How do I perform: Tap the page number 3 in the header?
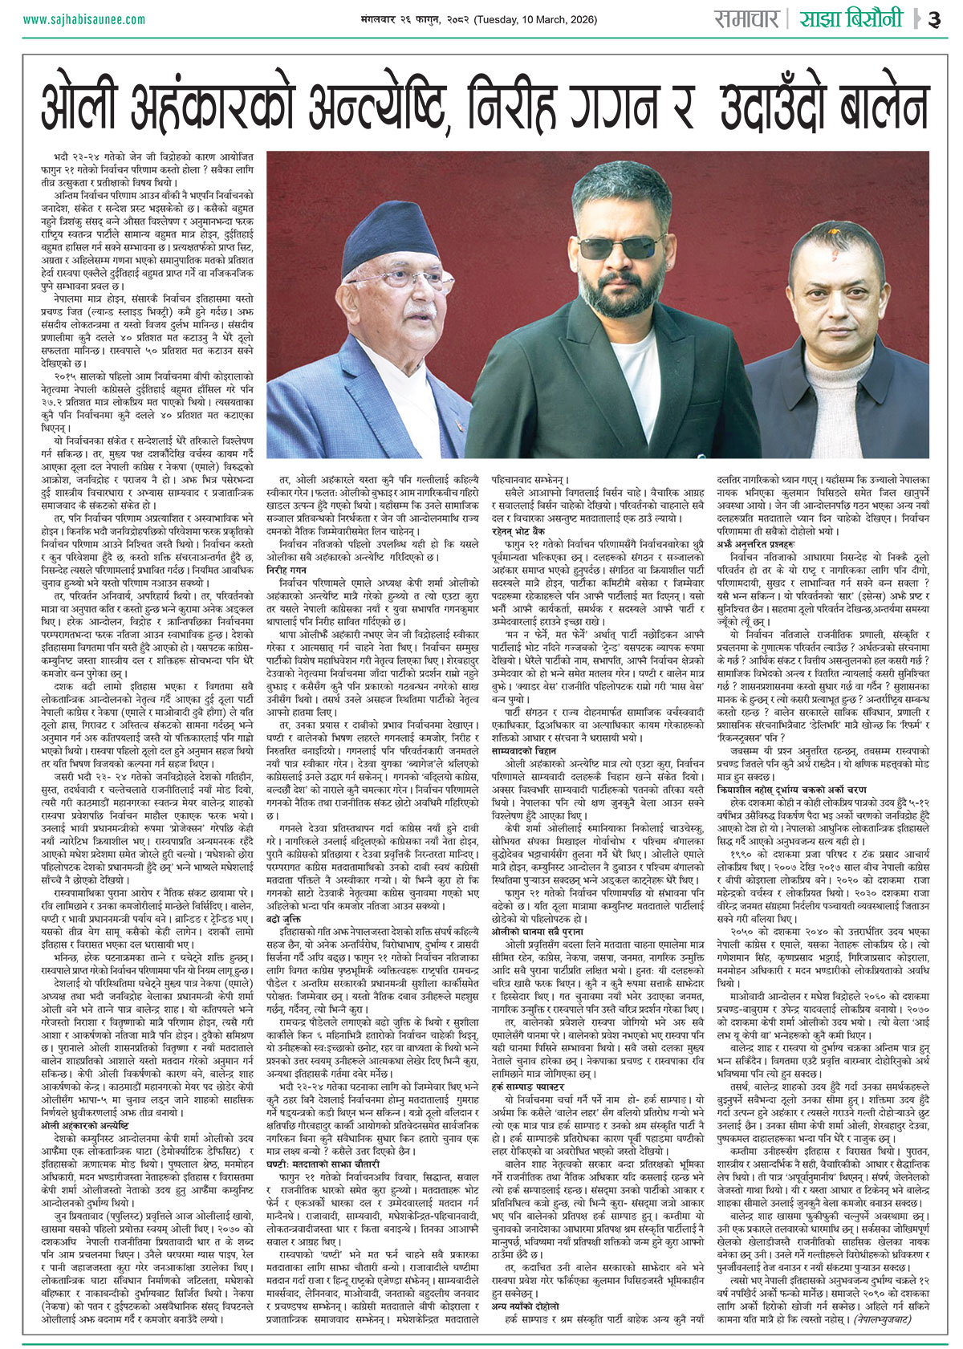click(933, 19)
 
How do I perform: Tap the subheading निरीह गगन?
click(287, 568)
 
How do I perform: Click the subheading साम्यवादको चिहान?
click(524, 750)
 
